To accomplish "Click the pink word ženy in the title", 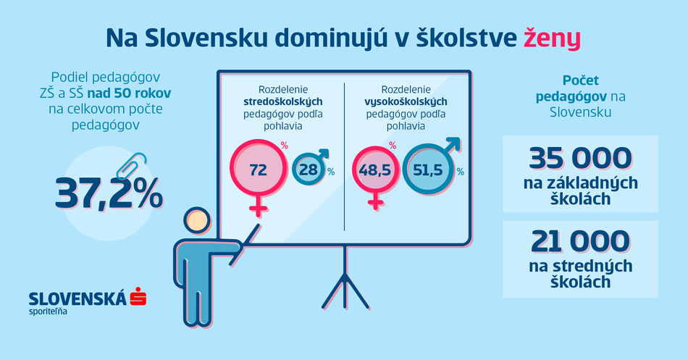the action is (x=552, y=38).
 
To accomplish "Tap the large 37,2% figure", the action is (x=109, y=193).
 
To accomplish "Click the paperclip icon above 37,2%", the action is (x=131, y=165).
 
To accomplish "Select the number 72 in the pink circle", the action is (x=258, y=169).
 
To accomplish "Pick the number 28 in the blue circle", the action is (x=309, y=169).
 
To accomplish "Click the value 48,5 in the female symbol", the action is (x=374, y=170).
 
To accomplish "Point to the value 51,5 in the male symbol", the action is (x=427, y=170).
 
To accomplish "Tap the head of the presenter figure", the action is (x=197, y=220).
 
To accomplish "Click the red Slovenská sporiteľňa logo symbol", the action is (x=138, y=296).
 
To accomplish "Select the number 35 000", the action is (x=580, y=158).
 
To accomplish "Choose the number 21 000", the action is (x=580, y=241).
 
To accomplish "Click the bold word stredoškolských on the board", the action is (x=283, y=101).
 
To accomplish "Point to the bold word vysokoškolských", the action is (x=406, y=101).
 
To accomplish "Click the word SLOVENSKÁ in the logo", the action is (x=77, y=298).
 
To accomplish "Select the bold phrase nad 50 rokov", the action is (x=129, y=93).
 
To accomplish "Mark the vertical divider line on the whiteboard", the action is (x=345, y=156).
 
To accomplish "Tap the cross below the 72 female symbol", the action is (x=259, y=206).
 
